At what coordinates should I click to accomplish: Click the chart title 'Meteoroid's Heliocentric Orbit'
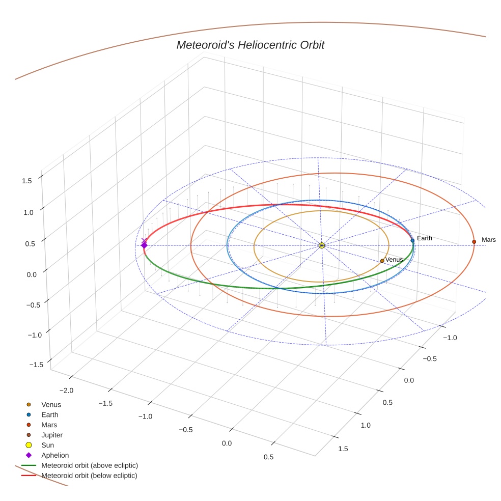[250, 45]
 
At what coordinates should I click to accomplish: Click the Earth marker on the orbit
[412, 240]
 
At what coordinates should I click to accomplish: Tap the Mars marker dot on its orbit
[474, 242]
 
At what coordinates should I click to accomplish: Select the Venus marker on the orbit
[382, 261]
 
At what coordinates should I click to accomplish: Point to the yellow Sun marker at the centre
[322, 245]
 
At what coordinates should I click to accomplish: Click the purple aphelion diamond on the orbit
[144, 245]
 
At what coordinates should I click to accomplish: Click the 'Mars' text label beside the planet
[488, 240]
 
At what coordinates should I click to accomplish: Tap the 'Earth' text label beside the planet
[424, 238]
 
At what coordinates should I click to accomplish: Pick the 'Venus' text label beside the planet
[394, 260]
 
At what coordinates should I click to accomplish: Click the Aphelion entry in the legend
[54, 455]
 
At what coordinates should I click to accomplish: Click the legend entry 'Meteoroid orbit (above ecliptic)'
[90, 465]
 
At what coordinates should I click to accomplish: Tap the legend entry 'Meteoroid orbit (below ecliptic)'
[89, 476]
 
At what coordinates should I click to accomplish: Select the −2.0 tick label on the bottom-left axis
[67, 391]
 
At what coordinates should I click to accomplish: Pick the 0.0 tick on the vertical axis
[31, 274]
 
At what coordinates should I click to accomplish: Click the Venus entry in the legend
[51, 405]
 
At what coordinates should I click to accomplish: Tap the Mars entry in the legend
[49, 425]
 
